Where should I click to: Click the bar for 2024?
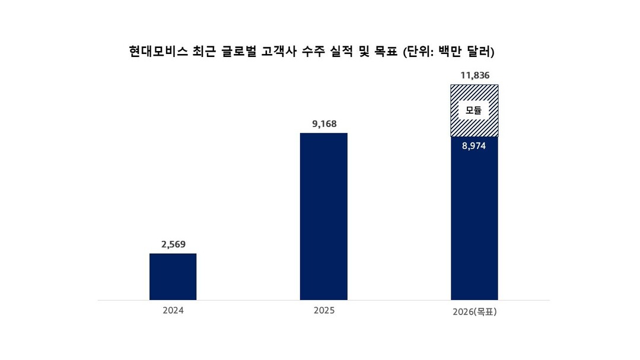(173, 276)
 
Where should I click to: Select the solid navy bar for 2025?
(323, 216)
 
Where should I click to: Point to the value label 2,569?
(173, 244)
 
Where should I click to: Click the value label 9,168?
(324, 124)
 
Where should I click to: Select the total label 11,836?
(475, 75)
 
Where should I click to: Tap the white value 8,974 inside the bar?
(475, 146)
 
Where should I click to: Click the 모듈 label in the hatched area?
(473, 110)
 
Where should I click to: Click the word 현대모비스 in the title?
(157, 52)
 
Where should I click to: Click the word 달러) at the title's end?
(481, 52)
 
